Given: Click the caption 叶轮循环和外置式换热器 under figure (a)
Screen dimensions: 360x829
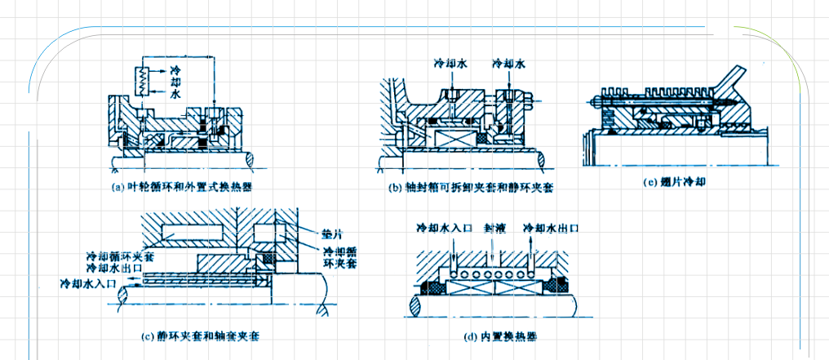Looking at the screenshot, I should tap(180, 186).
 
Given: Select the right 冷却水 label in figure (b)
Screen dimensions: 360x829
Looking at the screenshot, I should tap(509, 63).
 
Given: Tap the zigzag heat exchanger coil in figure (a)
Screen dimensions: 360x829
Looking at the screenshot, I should tap(140, 80).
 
